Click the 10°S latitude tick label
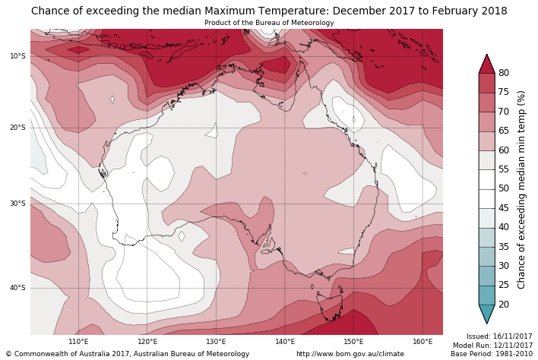click(x=17, y=56)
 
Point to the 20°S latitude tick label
click(x=17, y=128)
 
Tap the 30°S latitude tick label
click(x=17, y=204)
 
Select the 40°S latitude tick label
click(x=17, y=288)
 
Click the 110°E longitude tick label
click(x=78, y=342)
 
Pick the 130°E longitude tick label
click(x=216, y=342)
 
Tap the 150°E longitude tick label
click(x=353, y=342)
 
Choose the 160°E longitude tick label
click(x=422, y=342)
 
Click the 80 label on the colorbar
click(x=503, y=73)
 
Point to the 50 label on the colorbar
click(x=503, y=189)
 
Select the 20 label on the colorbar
click(x=503, y=305)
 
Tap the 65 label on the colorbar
click(x=503, y=131)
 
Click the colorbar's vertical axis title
click(x=521, y=189)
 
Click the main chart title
click(x=269, y=11)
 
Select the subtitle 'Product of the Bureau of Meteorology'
click(x=269, y=23)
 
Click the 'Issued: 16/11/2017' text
click(x=499, y=336)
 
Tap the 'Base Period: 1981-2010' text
click(x=492, y=354)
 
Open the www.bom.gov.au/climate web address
click(x=350, y=354)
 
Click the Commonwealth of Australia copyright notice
click(x=128, y=354)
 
